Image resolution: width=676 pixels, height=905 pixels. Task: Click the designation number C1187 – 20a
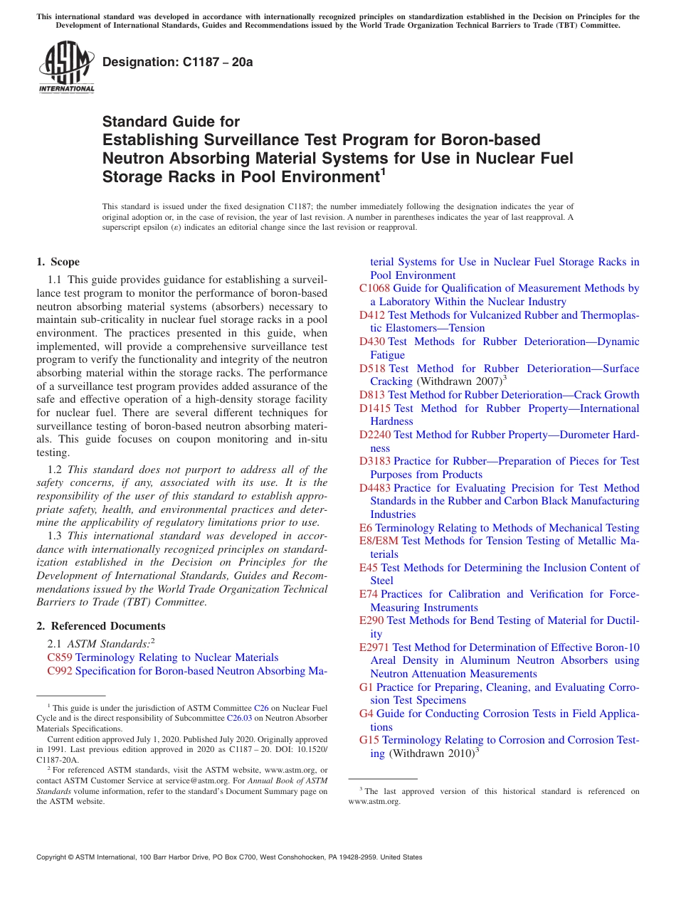[177, 62]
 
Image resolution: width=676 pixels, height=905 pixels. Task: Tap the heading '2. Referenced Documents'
[100, 626]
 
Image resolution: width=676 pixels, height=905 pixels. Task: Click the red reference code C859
[60, 657]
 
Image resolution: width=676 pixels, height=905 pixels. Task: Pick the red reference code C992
[60, 671]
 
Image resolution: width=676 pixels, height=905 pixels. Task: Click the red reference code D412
[372, 314]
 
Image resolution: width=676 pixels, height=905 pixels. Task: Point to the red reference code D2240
[375, 435]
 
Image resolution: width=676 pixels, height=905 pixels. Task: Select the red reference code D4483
[375, 488]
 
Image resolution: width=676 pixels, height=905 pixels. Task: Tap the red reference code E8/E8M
[379, 541]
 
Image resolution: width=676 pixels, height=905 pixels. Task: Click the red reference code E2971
[374, 647]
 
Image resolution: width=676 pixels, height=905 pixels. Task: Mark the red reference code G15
[369, 740]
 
